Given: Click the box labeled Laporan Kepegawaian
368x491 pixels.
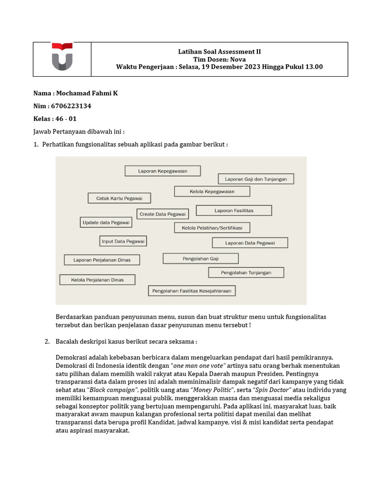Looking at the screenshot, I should pyautogui.click(x=162, y=171).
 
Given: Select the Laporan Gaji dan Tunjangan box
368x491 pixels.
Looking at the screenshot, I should pyautogui.click(x=256, y=179).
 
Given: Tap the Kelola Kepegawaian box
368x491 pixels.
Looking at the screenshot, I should pyautogui.click(x=212, y=191).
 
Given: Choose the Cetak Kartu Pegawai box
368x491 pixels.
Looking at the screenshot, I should pyautogui.click(x=119, y=198).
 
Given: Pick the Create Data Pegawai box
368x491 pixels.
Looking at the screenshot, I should pyautogui.click(x=163, y=214).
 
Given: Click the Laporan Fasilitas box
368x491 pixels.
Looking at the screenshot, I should pyautogui.click(x=234, y=210).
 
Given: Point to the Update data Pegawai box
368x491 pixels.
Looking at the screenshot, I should pyautogui.click(x=106, y=222).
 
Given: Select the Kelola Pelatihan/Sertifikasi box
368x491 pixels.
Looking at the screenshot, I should pyautogui.click(x=212, y=228).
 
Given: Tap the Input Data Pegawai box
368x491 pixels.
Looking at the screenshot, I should pyautogui.click(x=123, y=241).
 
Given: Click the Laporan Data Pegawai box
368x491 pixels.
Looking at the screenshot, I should pyautogui.click(x=250, y=243).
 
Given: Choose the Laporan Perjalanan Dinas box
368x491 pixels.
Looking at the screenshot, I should pyautogui.click(x=103, y=260).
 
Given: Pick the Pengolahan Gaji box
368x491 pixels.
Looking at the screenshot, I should pyautogui.click(x=200, y=258).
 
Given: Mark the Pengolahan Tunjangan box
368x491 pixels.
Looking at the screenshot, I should pyautogui.click(x=246, y=272).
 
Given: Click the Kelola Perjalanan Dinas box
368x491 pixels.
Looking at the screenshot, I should pyautogui.click(x=97, y=280).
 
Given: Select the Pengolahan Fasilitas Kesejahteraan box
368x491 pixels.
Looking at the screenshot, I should pyautogui.click(x=192, y=291).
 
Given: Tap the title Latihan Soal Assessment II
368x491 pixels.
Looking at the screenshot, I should pyautogui.click(x=219, y=52).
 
